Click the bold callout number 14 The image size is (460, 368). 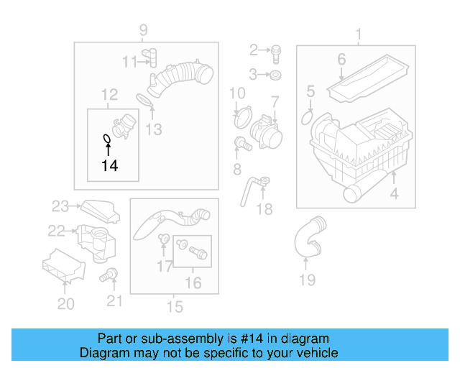click(109, 166)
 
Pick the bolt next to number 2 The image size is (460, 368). click(277, 50)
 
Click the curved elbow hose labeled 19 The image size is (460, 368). click(307, 241)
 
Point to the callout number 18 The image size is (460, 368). click(264, 209)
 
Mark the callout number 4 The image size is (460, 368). click(393, 194)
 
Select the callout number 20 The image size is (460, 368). click(65, 304)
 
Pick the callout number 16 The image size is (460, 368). click(193, 283)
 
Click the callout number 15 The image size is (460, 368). click(175, 308)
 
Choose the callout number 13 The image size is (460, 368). click(154, 129)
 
